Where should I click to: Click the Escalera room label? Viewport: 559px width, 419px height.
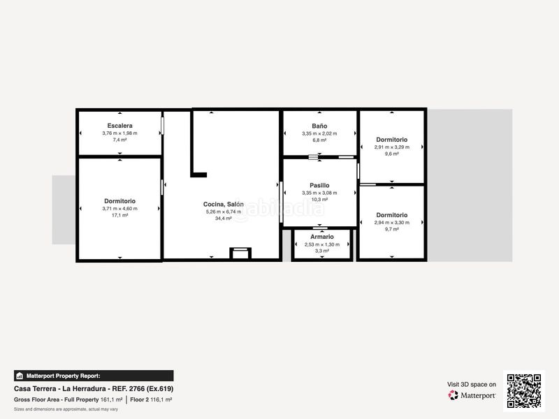coord(119,126)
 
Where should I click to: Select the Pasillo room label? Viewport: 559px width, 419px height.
coord(319,186)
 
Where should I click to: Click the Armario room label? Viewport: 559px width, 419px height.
coord(321,237)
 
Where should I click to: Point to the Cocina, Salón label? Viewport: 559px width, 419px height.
coord(224,204)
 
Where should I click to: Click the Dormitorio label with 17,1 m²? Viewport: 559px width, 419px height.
coord(119,201)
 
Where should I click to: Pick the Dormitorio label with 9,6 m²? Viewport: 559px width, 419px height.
coord(391,140)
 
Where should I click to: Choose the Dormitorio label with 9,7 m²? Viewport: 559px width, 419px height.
coord(391,215)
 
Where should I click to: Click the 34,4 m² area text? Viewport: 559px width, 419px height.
coord(224,219)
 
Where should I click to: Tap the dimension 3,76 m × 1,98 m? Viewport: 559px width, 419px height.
coord(119,133)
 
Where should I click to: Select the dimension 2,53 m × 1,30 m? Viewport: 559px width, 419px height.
coord(321,244)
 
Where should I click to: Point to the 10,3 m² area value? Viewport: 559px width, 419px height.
coord(319,200)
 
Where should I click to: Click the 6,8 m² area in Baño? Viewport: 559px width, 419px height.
coord(319,140)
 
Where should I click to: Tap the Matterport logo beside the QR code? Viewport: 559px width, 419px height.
coord(472,395)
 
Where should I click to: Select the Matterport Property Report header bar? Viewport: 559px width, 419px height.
coord(94,376)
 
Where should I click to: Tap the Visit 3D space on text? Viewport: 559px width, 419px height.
coord(472,384)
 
